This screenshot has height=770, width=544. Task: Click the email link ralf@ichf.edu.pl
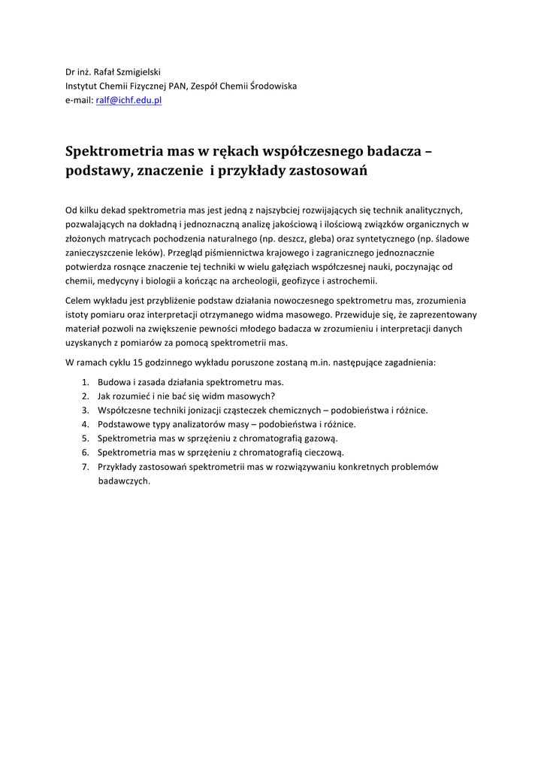pyautogui.click(x=128, y=100)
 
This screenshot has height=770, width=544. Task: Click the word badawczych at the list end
pyautogui.click(x=124, y=481)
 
